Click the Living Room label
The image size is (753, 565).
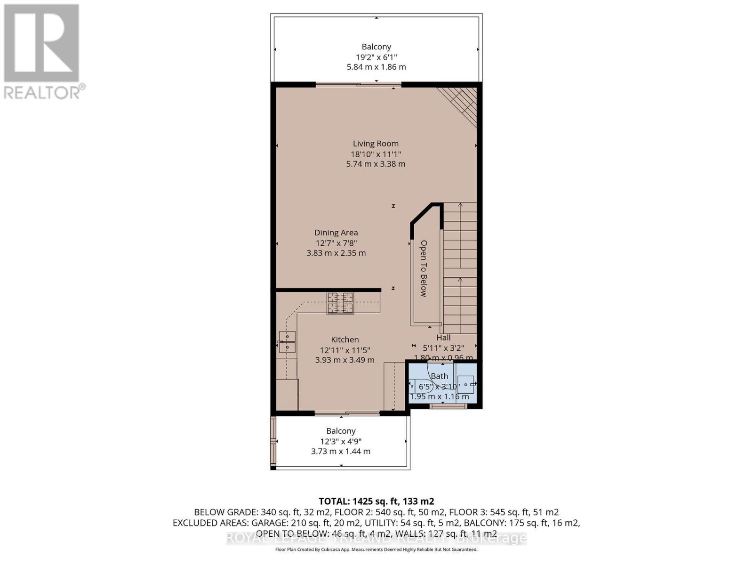(376, 144)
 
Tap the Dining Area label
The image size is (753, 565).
(336, 233)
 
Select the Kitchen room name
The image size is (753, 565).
(344, 339)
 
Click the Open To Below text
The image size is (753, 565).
(424, 268)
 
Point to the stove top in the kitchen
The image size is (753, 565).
(340, 303)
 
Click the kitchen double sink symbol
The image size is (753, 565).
(287, 342)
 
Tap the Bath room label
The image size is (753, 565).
(439, 376)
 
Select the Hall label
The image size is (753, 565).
(443, 338)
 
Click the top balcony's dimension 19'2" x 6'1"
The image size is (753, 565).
(376, 57)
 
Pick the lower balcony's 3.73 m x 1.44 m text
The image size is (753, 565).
(341, 451)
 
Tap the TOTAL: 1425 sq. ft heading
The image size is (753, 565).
(376, 501)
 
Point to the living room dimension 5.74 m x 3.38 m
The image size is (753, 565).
(376, 164)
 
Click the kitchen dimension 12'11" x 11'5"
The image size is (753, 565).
(344, 350)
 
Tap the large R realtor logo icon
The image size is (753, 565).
(41, 43)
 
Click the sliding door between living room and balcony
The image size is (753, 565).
(359, 85)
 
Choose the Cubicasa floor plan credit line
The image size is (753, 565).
(376, 549)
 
